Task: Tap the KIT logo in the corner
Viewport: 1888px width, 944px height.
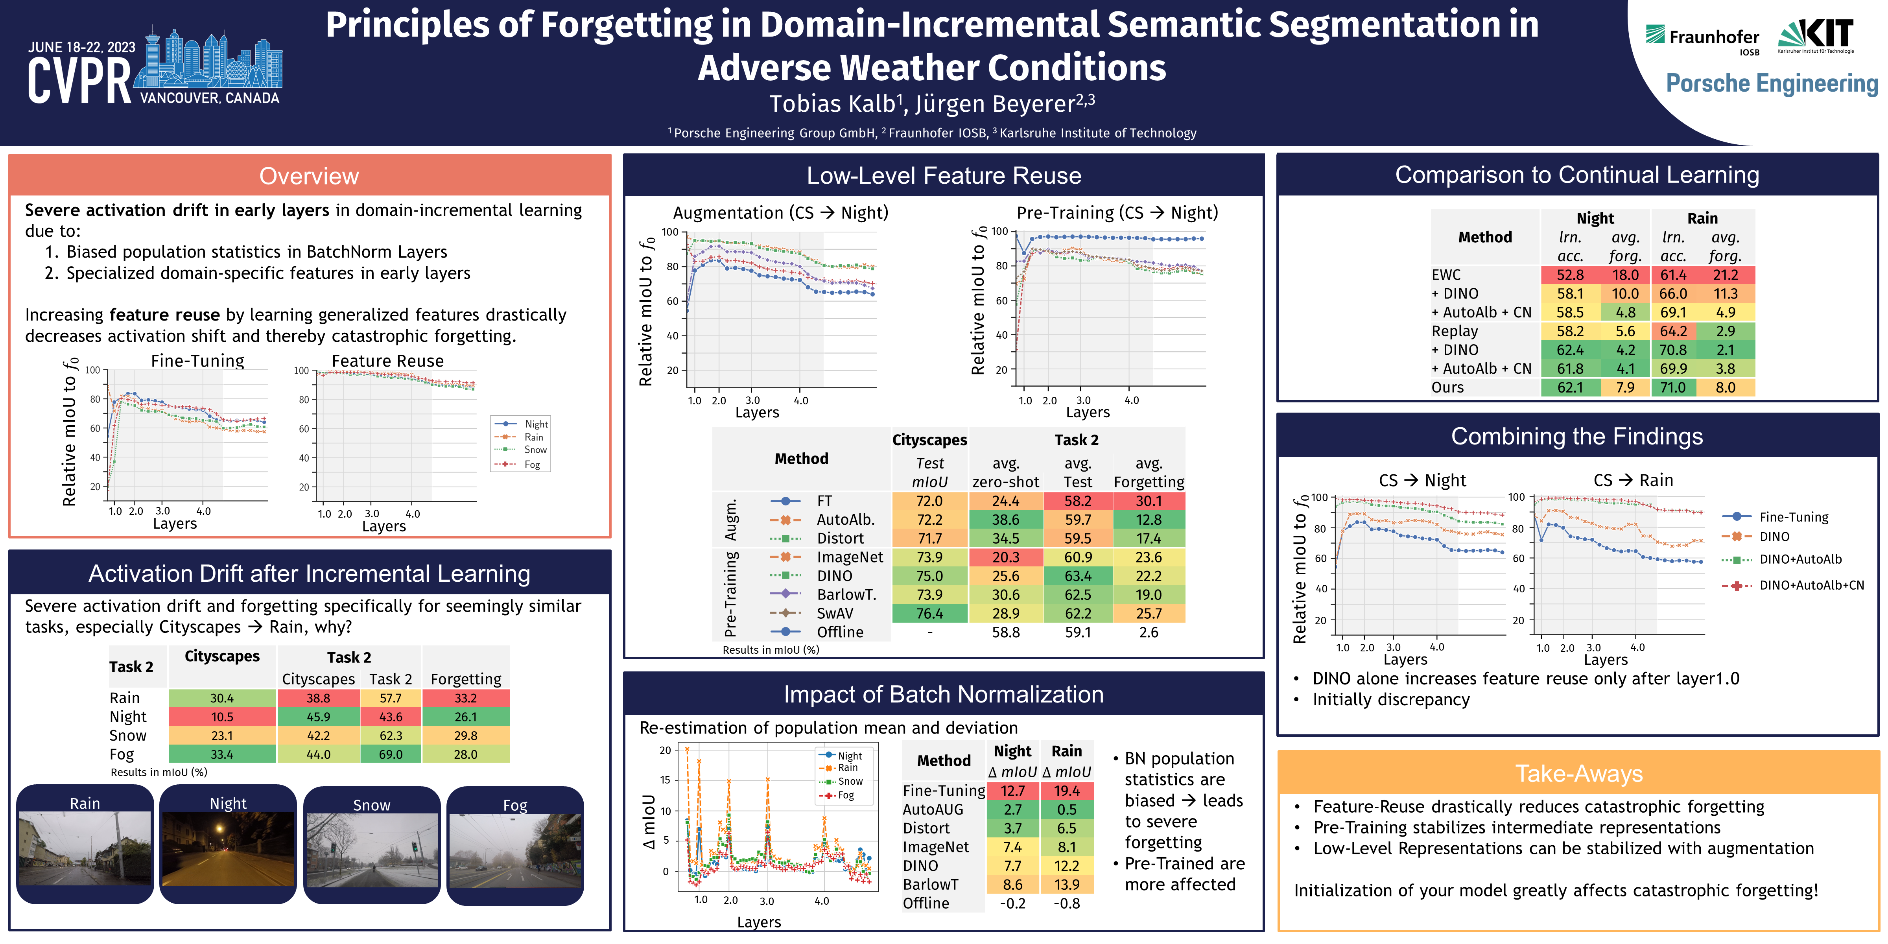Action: point(1816,35)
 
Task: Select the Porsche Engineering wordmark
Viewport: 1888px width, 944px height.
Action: point(1772,83)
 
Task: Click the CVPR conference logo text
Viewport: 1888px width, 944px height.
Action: point(79,81)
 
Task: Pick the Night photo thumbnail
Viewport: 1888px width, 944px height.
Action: point(228,848)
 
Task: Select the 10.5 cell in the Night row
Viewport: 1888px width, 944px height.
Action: point(222,717)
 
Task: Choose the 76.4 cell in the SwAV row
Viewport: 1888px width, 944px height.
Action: point(929,614)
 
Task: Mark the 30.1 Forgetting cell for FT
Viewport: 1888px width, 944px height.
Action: point(1149,501)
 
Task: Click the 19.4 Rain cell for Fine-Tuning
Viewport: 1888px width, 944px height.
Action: point(1066,791)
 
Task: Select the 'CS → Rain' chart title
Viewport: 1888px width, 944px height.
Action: point(1633,480)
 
